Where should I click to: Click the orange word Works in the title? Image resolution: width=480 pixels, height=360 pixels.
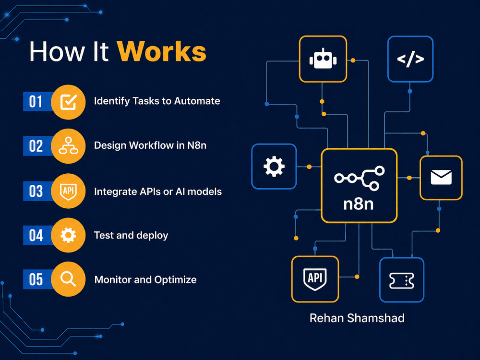pyautogui.click(x=162, y=51)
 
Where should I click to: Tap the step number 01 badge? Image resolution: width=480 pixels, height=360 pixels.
pyautogui.click(x=36, y=101)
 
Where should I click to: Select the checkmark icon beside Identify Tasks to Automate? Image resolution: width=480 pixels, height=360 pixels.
pyautogui.click(x=68, y=102)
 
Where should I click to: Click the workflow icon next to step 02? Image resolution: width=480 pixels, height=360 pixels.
pyautogui.click(x=68, y=146)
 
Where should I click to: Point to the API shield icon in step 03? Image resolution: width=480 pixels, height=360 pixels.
pyautogui.click(x=68, y=192)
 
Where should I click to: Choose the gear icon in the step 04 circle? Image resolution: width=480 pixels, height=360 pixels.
pyautogui.click(x=68, y=235)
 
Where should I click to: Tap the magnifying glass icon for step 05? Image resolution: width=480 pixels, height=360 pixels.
pyautogui.click(x=68, y=279)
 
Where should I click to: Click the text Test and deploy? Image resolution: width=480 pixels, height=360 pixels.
pyautogui.click(x=131, y=235)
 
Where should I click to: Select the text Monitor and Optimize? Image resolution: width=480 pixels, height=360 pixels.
pyautogui.click(x=145, y=279)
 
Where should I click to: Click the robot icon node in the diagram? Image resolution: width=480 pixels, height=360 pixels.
pyautogui.click(x=323, y=59)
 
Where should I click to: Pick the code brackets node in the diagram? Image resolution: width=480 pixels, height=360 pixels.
pyautogui.click(x=410, y=59)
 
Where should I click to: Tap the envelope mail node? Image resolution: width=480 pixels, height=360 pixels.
pyautogui.click(x=441, y=178)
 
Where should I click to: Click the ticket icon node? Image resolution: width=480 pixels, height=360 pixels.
pyautogui.click(x=402, y=280)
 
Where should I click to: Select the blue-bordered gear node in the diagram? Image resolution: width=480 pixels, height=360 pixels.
pyautogui.click(x=274, y=167)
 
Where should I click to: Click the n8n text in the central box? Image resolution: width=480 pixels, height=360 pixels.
pyautogui.click(x=359, y=204)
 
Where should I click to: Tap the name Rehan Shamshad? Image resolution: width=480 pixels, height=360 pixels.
pyautogui.click(x=357, y=318)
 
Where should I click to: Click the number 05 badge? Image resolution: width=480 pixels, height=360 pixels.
pyautogui.click(x=36, y=279)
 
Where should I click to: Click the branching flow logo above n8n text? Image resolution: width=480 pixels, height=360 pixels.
pyautogui.click(x=360, y=178)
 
